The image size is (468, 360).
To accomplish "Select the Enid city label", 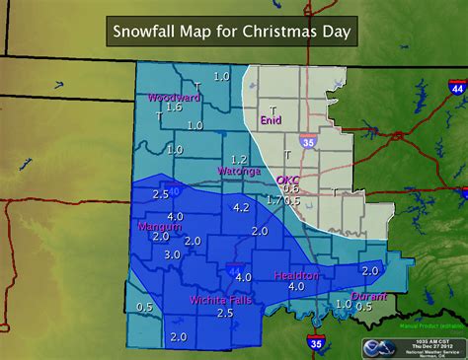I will (x=271, y=120).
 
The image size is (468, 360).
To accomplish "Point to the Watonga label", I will (x=238, y=171).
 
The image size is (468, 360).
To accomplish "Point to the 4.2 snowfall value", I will (x=241, y=207).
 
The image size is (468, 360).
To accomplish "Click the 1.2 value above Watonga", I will (x=238, y=159).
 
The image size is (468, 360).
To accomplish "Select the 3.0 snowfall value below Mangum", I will (x=172, y=254).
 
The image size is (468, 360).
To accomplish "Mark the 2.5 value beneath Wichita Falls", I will (x=224, y=313).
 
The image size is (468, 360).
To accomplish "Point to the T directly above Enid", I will (x=273, y=109).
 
